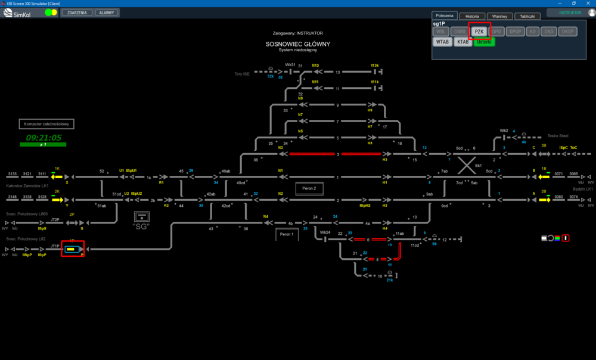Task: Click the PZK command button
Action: [x=479, y=31]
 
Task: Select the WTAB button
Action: [x=442, y=42]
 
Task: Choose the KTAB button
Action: [x=462, y=42]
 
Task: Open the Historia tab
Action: [x=472, y=16]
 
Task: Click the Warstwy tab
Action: [x=499, y=16]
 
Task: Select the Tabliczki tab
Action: [x=527, y=16]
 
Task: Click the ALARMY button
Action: [x=107, y=13]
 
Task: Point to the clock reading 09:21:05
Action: [x=44, y=137]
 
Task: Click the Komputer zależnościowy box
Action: [x=46, y=124]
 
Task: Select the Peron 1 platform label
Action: [x=286, y=234]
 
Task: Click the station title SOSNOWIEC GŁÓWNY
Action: [x=298, y=44]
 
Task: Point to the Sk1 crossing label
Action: [x=478, y=166]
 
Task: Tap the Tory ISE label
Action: [x=241, y=74]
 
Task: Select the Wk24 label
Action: [x=325, y=232]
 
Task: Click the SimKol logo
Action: [x=20, y=13]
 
